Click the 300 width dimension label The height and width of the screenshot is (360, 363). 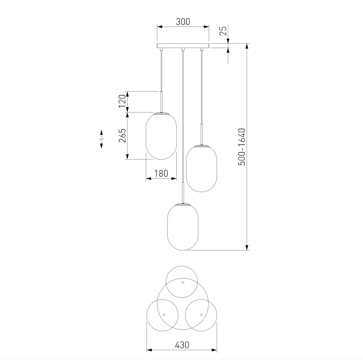pyautogui.click(x=183, y=22)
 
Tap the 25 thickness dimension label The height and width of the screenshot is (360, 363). pyautogui.click(x=223, y=30)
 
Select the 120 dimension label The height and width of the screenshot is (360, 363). pyautogui.click(x=122, y=101)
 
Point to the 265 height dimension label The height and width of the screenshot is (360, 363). pyautogui.click(x=122, y=136)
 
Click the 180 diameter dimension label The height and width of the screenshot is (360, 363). pyautogui.click(x=161, y=174)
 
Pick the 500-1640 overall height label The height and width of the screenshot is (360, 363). pyautogui.click(x=242, y=147)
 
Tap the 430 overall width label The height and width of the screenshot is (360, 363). pyautogui.click(x=182, y=345)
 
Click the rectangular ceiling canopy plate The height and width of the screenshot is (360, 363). pyautogui.click(x=183, y=46)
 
